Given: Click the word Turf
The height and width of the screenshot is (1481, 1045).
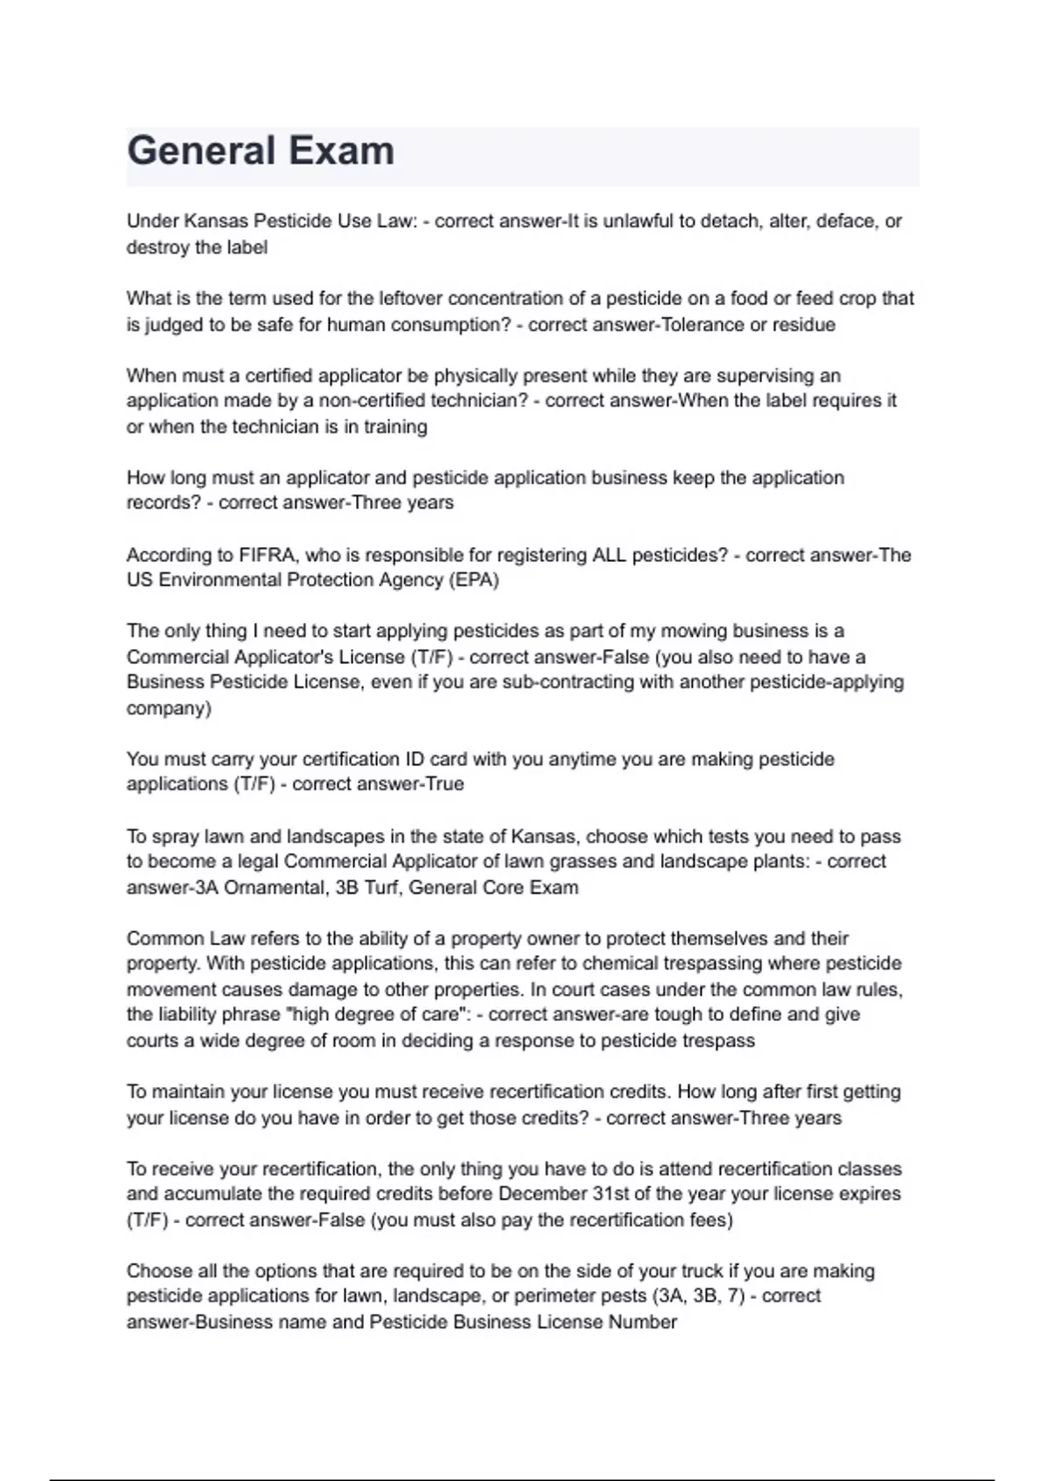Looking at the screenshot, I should pyautogui.click(x=383, y=888).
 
